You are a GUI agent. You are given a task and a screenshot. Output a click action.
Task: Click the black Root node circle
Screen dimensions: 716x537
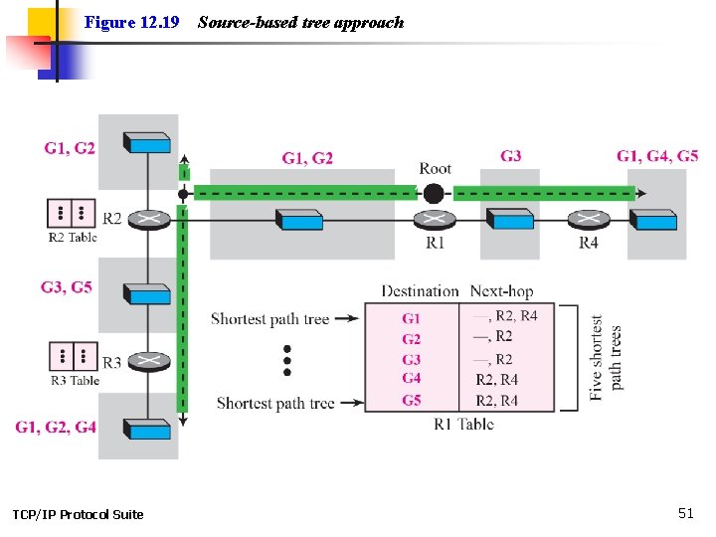pos(433,194)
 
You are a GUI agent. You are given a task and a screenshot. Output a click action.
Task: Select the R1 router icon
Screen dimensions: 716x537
pos(435,220)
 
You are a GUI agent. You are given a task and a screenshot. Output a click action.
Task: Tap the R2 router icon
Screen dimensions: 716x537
pos(149,220)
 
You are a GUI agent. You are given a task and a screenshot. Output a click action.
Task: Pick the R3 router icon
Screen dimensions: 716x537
pos(149,362)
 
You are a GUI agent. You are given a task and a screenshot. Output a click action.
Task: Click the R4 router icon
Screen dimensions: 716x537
pos(588,220)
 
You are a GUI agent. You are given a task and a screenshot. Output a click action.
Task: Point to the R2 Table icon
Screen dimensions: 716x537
pos(72,213)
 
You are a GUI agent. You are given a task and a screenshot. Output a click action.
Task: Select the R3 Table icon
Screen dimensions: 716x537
pos(73,356)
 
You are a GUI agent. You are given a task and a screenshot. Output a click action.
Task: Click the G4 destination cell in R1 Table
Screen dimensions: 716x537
pos(411,379)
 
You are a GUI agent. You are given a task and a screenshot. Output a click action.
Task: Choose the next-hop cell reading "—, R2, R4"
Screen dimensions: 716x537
pos(505,315)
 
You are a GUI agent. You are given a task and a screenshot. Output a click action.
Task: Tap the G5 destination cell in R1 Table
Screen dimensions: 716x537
pos(411,401)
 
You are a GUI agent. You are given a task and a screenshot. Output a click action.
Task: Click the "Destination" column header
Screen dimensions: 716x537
pos(420,291)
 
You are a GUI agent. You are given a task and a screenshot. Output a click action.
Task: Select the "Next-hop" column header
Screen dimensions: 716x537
pos(501,291)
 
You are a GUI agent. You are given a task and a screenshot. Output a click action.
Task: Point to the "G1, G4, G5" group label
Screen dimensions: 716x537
pos(657,156)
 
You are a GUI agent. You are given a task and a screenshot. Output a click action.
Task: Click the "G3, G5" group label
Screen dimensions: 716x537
pos(67,286)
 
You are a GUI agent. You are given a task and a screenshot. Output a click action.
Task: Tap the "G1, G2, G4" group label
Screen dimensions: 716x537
pos(56,427)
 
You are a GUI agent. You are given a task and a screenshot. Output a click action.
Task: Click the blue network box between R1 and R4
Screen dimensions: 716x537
pos(509,219)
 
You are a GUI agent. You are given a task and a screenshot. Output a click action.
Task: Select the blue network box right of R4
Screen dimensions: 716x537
pos(653,219)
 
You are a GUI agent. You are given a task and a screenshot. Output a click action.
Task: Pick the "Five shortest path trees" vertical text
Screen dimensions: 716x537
pos(605,358)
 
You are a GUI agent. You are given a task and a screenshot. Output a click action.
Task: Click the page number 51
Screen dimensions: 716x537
pos(686,513)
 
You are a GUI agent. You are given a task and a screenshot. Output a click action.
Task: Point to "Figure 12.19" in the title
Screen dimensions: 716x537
pos(131,22)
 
